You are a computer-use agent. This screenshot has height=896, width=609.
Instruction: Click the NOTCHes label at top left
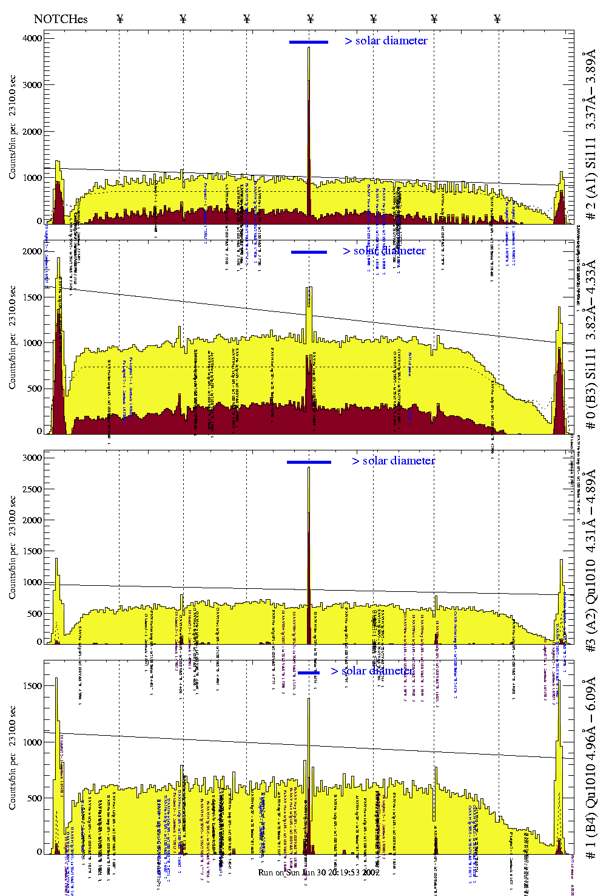61,19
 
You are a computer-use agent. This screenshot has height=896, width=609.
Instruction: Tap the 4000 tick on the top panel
32,38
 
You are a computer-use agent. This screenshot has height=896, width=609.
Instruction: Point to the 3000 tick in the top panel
32,85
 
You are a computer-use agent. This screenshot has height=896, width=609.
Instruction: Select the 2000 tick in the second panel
32,251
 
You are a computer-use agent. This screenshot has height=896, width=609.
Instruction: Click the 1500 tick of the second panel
32,297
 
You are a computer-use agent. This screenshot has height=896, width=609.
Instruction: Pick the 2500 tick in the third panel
32,489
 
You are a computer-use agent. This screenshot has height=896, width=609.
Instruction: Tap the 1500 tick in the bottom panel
32,686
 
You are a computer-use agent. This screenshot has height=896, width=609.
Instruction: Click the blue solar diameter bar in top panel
309,42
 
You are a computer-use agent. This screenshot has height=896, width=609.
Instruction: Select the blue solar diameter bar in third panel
309,462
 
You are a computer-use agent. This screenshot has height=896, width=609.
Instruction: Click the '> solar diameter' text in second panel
384,251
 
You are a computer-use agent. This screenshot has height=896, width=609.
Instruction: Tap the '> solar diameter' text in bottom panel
372,671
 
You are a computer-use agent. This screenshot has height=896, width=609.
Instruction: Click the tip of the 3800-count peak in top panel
309,48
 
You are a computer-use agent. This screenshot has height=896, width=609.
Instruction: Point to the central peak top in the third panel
309,468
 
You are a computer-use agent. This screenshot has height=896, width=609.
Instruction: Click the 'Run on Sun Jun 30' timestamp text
319,872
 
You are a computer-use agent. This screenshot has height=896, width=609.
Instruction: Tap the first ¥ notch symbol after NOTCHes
120,19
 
